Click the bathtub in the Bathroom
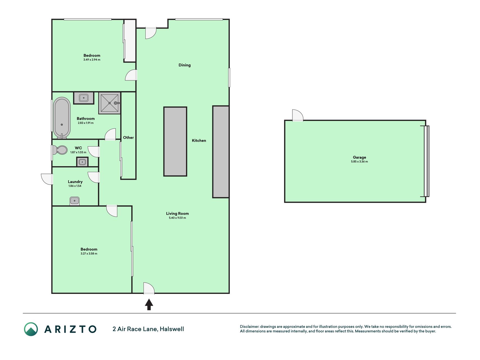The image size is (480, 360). coord(62,118)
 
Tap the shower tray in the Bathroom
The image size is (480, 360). coord(110,103)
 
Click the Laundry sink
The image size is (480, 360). coord(75,201)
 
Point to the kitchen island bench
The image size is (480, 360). coord(175,141)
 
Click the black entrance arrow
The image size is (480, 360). coord(149,305)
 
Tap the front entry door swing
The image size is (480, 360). coord(148,289)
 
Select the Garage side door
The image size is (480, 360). coord(298,115)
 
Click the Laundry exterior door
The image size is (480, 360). coord(47,179)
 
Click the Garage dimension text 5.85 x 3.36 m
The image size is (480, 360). coord(359,162)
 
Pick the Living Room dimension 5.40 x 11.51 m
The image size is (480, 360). coord(177,218)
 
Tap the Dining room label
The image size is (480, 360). coord(184,65)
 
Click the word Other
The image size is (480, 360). coord(128,138)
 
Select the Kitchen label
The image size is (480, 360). coord(199,141)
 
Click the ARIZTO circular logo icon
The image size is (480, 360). coord(31,329)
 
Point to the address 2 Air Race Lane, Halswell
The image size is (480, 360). coord(148,329)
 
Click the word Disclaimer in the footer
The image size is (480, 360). coord(249,327)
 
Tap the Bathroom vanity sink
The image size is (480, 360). coord(84,98)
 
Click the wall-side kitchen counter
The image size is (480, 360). coord(221,152)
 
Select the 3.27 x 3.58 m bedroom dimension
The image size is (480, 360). coord(89,254)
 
